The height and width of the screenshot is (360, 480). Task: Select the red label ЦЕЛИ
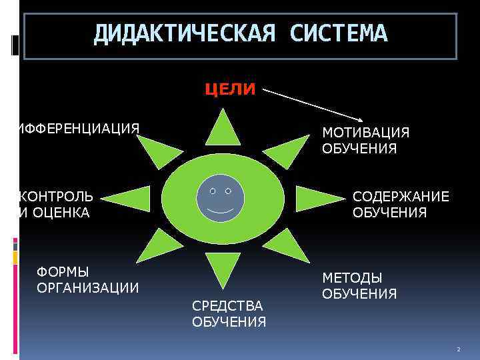pos(229,89)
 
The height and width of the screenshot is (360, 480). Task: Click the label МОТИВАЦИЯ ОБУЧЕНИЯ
pos(365,141)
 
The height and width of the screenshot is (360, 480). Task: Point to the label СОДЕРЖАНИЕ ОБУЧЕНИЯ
pos(401,205)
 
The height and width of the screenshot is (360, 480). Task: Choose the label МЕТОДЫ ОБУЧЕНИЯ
pos(360,286)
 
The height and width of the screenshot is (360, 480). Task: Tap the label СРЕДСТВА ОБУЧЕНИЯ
pos(229,314)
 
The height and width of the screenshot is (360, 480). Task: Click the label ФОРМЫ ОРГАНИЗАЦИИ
pos(88,280)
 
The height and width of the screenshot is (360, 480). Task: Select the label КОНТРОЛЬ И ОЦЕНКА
pos(57,205)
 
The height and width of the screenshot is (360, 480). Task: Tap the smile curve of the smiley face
pos(221,210)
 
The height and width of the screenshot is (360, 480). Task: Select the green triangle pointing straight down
pos(223,268)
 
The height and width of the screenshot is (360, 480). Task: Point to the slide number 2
pos(458,350)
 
